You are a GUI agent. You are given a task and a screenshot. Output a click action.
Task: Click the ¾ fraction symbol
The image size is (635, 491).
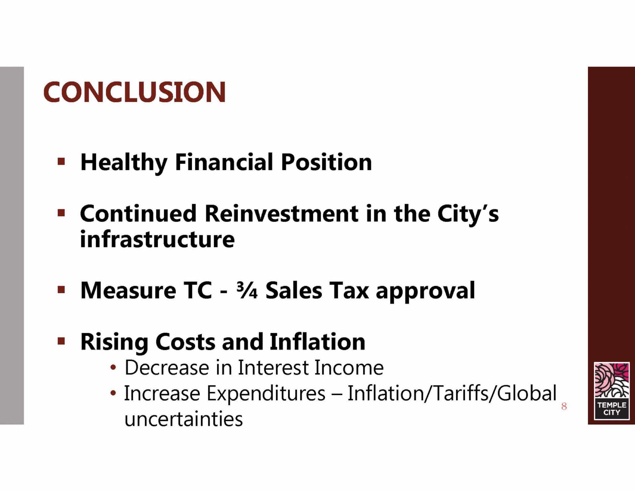(247, 290)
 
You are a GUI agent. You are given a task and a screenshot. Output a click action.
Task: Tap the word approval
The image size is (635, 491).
(425, 291)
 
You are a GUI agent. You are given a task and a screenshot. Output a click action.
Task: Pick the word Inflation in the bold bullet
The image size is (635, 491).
(317, 341)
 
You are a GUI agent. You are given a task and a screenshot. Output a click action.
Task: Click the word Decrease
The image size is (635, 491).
(167, 368)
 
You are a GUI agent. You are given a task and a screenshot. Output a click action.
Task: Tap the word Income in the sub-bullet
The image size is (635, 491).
(349, 368)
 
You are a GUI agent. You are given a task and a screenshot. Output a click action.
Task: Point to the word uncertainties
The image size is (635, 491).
(184, 419)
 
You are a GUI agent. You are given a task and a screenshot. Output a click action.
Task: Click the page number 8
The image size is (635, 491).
(564, 406)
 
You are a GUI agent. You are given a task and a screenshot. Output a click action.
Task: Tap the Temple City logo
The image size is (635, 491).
(611, 391)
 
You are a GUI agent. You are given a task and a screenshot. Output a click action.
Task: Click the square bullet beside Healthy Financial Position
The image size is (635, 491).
(61, 162)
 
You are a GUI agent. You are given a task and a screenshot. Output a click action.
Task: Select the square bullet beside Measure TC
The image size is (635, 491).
(61, 290)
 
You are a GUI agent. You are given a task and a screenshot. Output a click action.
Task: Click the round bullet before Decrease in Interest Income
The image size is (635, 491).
(113, 368)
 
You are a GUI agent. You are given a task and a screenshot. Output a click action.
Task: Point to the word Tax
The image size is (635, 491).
(349, 290)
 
